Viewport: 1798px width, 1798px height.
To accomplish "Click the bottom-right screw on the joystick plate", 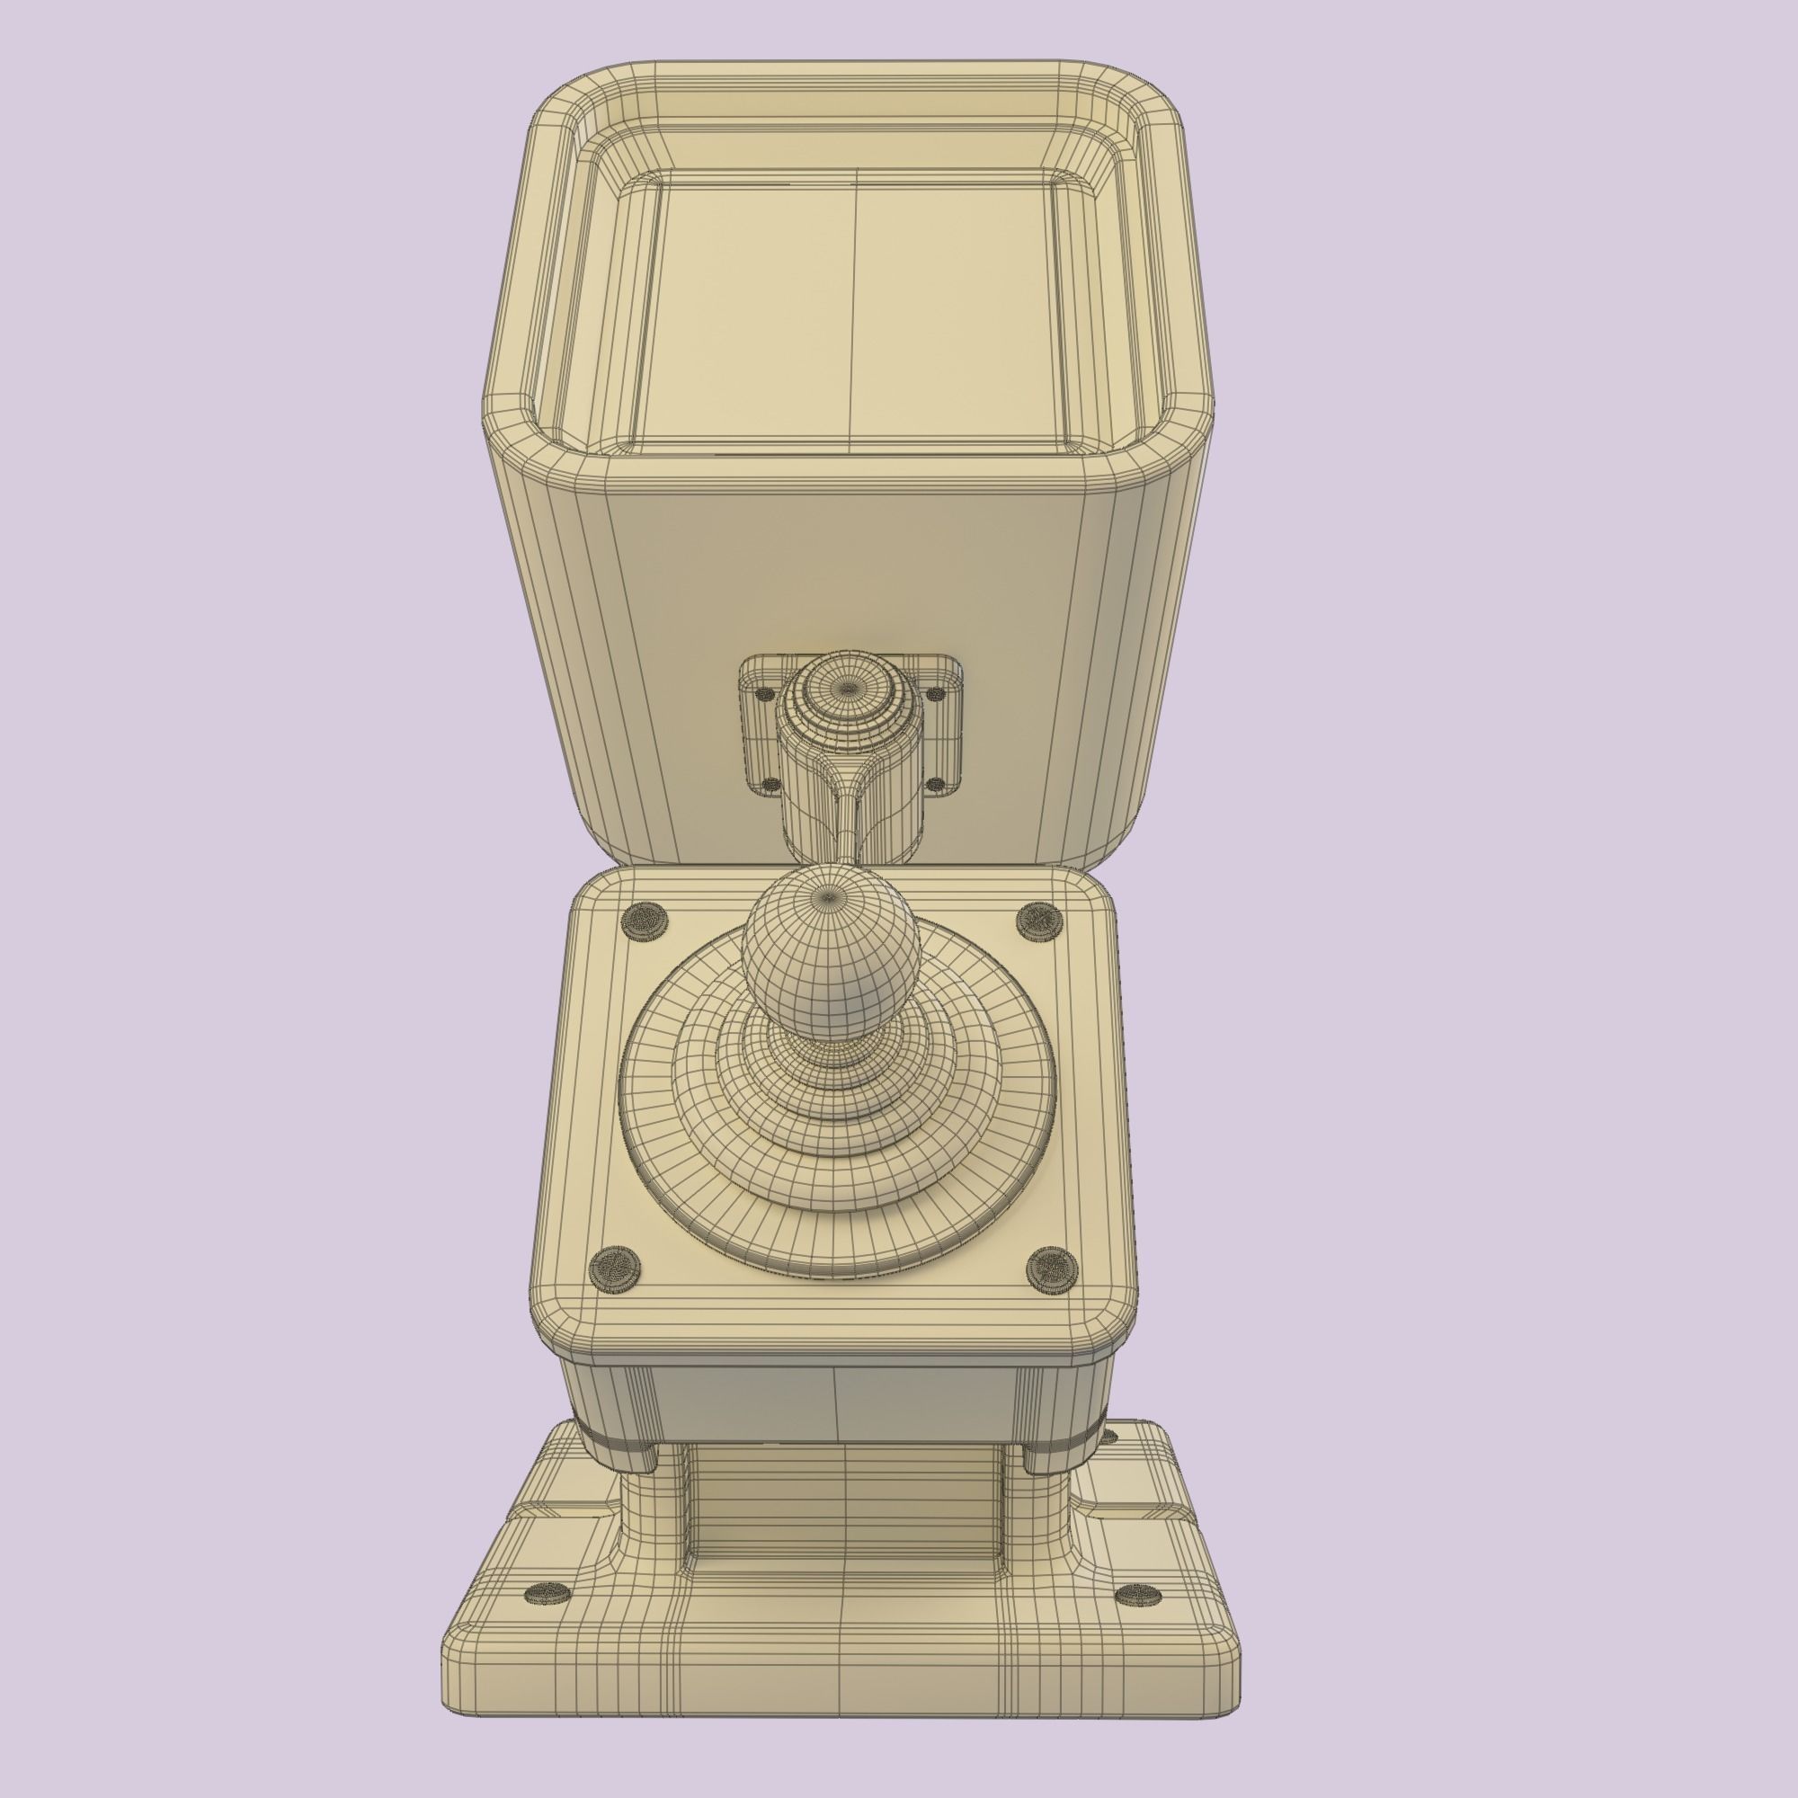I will point(1052,1267).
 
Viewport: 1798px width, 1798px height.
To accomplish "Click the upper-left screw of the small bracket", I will point(766,693).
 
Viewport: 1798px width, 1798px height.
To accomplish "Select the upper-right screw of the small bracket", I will point(933,692).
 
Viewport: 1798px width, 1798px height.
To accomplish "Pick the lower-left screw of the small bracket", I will point(770,785).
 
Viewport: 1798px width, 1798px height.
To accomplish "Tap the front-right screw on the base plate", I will point(1137,1597).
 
